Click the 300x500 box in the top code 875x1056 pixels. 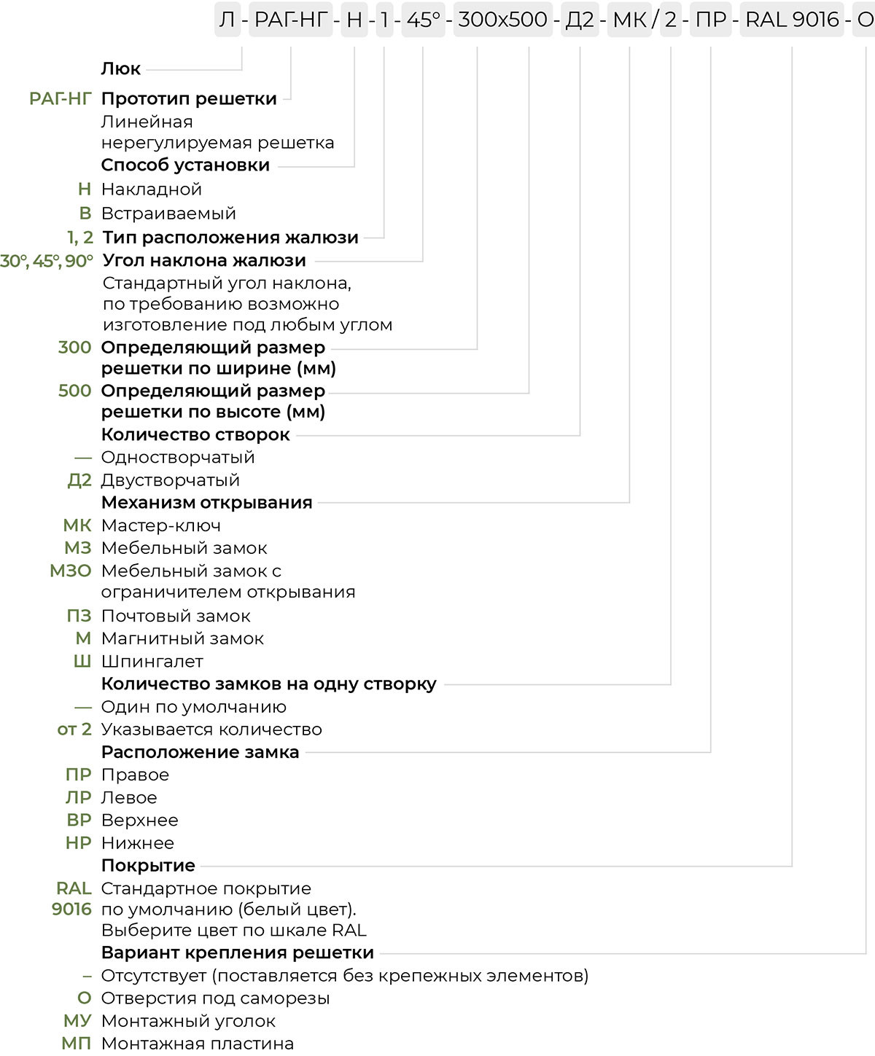[502, 20]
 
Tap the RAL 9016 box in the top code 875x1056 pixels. [792, 20]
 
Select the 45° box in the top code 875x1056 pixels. [423, 20]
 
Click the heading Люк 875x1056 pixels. [120, 69]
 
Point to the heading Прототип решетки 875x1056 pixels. [189, 99]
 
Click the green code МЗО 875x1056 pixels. [71, 571]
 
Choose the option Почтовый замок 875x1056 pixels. [176, 617]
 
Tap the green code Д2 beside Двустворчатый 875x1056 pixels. [79, 481]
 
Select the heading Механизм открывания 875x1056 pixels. [206, 503]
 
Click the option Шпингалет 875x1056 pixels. [152, 662]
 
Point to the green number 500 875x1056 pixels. [74, 391]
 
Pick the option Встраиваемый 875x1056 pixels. [168, 214]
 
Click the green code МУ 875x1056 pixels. [77, 1022]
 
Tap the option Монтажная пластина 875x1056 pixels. [197, 1044]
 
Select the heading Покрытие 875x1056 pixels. [148, 866]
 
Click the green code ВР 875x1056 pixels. [79, 821]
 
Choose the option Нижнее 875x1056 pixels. [138, 843]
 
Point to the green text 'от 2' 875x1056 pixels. [74, 730]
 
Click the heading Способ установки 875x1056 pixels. [185, 165]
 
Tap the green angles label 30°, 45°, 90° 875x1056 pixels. [47, 261]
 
